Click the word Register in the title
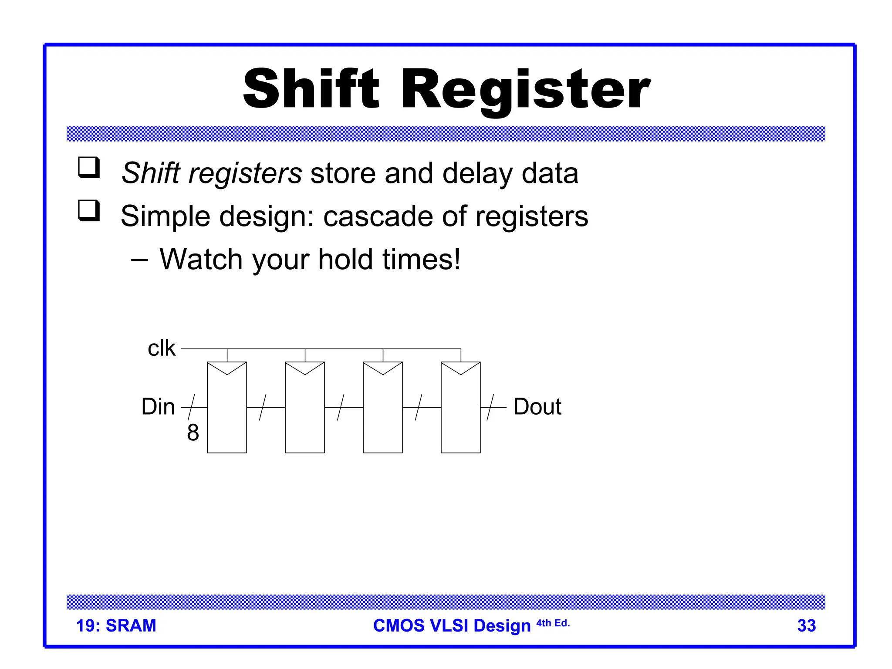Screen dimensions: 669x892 pyautogui.click(x=525, y=89)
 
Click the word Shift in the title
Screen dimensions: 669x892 pyautogui.click(x=311, y=89)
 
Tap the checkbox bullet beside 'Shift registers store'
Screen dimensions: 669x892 pyautogui.click(x=89, y=168)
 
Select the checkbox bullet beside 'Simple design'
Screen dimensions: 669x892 pyautogui.click(x=89, y=210)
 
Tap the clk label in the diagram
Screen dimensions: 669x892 pyautogui.click(x=162, y=348)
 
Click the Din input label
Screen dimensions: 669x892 pyautogui.click(x=158, y=407)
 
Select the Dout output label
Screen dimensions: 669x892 pyautogui.click(x=537, y=407)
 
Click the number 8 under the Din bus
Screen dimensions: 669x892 pyautogui.click(x=193, y=432)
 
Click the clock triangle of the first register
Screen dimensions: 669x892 pyautogui.click(x=227, y=368)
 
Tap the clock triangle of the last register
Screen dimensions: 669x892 pyautogui.click(x=461, y=368)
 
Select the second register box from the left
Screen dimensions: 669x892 pyautogui.click(x=305, y=414)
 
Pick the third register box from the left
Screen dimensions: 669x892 pyautogui.click(x=383, y=414)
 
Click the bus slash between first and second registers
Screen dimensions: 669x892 pyautogui.click(x=263, y=407)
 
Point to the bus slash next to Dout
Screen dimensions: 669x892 pyautogui.click(x=490, y=407)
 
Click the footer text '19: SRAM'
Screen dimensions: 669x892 pyautogui.click(x=116, y=625)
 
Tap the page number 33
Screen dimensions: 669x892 pyautogui.click(x=806, y=625)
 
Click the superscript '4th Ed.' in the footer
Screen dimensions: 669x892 pyautogui.click(x=553, y=623)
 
